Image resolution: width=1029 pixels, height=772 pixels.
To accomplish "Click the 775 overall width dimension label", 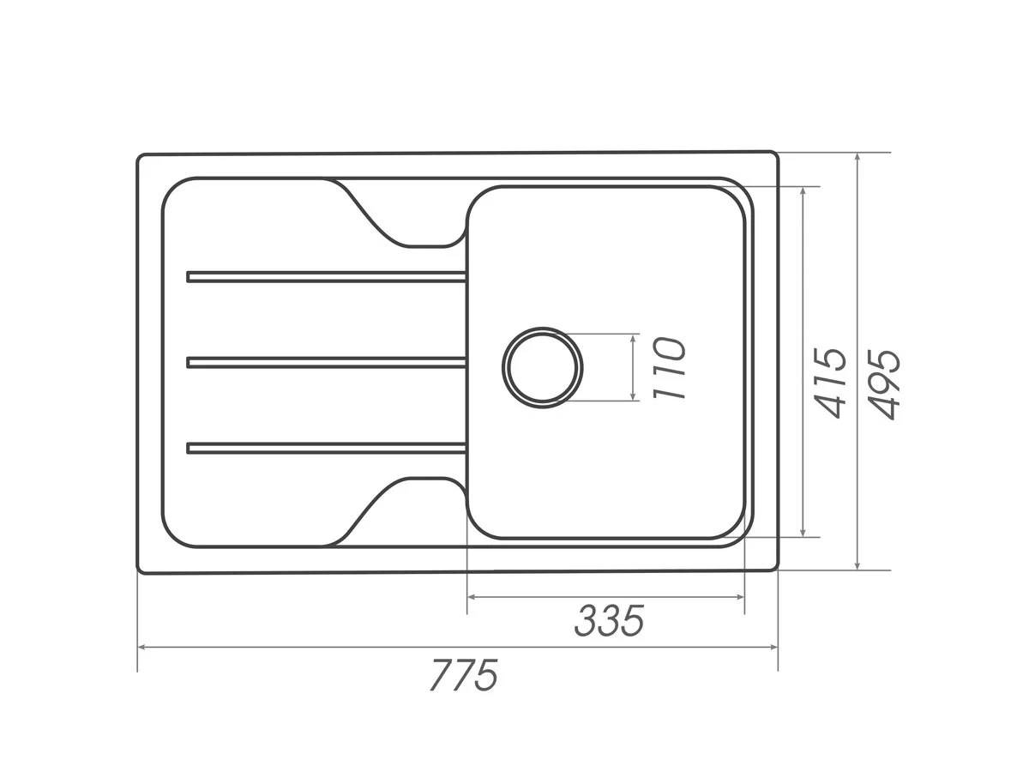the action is [x=463, y=675].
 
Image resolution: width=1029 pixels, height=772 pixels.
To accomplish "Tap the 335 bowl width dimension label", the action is [x=609, y=620].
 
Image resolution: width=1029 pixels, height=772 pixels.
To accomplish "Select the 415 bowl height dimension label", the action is [x=830, y=382].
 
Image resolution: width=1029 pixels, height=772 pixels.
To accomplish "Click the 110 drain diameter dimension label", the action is [x=669, y=368].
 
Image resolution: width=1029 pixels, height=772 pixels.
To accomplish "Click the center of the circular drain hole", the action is [x=543, y=367].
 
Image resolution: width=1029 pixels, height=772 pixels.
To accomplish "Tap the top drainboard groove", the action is [x=327, y=276].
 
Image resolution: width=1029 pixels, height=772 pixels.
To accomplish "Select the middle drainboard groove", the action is [x=327, y=362].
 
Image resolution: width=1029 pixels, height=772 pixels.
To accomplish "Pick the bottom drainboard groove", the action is [x=327, y=448].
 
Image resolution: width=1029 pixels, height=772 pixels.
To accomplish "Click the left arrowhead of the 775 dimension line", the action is [x=141, y=648].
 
